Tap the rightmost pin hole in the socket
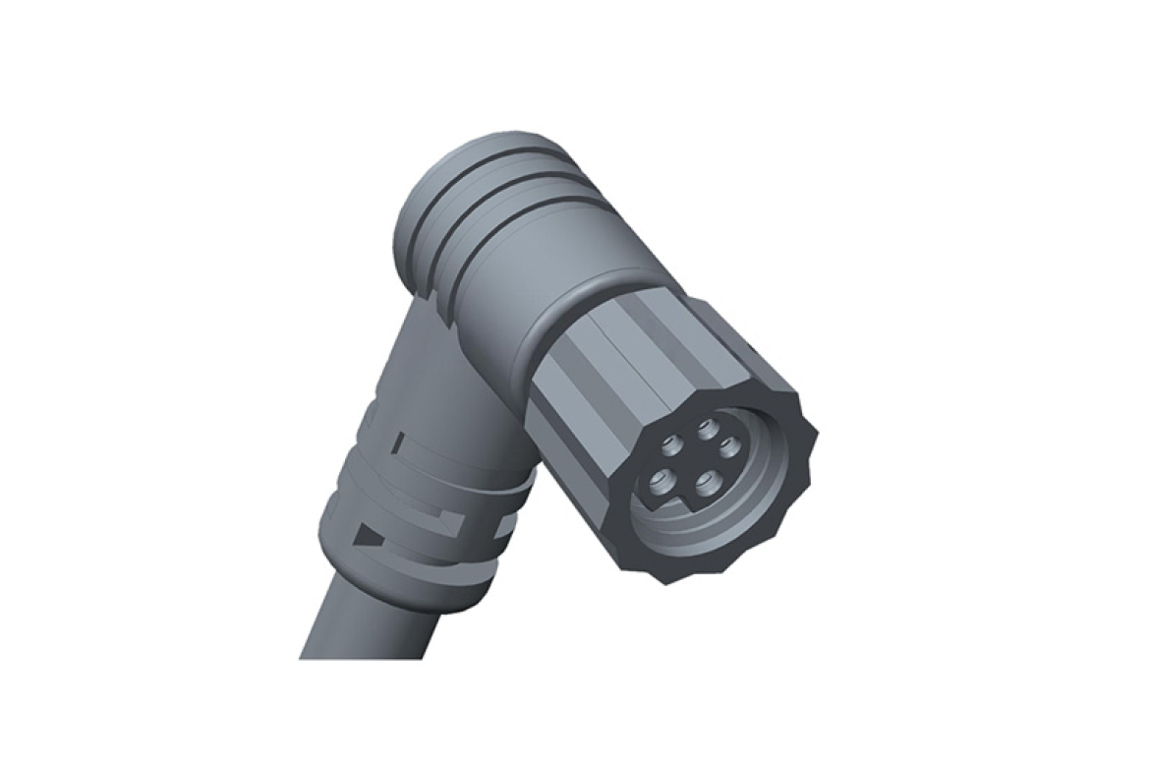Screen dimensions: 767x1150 tap(728, 446)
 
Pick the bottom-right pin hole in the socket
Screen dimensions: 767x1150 tap(704, 484)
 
